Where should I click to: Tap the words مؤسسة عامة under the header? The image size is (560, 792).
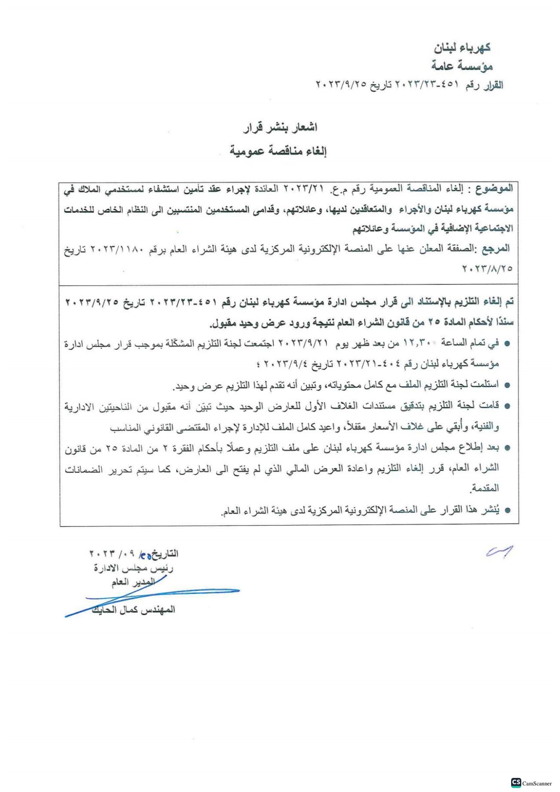click(x=462, y=66)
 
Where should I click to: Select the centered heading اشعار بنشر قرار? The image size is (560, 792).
click(x=280, y=128)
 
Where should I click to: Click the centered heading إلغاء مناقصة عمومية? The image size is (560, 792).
click(x=278, y=151)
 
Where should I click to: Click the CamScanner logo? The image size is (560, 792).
click(x=531, y=783)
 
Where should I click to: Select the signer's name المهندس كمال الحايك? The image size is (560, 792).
click(x=133, y=610)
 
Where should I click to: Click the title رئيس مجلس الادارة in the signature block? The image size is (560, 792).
click(x=133, y=569)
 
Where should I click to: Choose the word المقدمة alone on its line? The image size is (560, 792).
click(x=485, y=488)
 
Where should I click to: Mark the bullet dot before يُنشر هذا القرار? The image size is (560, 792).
click(x=507, y=511)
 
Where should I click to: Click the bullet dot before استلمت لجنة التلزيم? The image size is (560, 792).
click(x=507, y=385)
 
